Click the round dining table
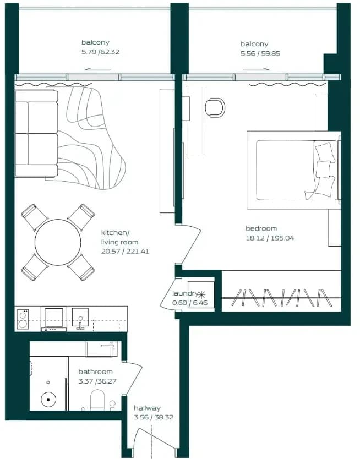[58, 242]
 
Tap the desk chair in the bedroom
[215, 107]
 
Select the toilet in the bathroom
[97, 400]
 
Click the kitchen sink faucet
[80, 323]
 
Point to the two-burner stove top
[22, 319]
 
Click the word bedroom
[261, 228]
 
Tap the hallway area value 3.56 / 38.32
[154, 417]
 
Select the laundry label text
[186, 293]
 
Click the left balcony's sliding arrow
[97, 70]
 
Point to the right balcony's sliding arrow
[256, 69]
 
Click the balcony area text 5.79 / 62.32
[100, 52]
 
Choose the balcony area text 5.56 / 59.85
[260, 53]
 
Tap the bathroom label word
[95, 371]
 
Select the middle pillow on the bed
[323, 169]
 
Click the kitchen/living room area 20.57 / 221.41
[125, 251]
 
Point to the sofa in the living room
[36, 134]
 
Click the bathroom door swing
[135, 378]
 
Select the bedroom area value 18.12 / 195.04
[270, 238]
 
